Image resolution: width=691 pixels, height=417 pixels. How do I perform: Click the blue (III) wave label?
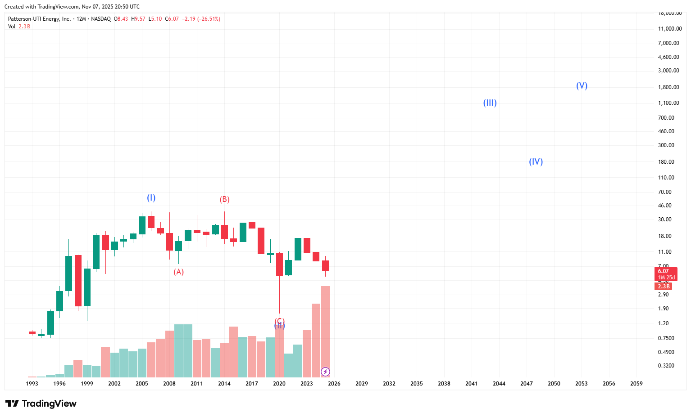[490, 103]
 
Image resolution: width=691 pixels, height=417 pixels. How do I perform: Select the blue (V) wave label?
[582, 86]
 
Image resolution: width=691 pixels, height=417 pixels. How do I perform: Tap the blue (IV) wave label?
[536, 162]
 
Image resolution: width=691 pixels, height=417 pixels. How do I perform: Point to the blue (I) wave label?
[151, 198]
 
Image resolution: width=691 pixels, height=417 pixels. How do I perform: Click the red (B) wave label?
[224, 200]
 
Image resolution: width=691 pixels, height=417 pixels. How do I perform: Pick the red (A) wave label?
[179, 272]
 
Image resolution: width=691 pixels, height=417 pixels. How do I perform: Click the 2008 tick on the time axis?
[169, 384]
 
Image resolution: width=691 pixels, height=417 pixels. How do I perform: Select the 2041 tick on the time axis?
[472, 384]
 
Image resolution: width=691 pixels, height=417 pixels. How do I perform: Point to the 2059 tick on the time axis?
[636, 384]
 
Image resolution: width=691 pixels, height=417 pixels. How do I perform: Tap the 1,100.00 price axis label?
[668, 103]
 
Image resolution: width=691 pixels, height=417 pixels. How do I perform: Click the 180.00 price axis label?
[666, 162]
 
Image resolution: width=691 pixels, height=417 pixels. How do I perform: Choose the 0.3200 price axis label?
[666, 366]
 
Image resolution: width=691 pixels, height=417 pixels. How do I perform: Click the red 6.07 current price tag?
[664, 271]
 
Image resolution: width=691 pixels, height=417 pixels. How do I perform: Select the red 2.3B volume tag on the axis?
[664, 287]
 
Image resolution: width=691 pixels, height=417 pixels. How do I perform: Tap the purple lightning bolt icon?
[325, 372]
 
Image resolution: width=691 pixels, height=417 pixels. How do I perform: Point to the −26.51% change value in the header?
[209, 19]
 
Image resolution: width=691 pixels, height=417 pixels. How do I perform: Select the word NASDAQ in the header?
[100, 19]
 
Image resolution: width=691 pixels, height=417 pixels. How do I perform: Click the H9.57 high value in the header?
[138, 19]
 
